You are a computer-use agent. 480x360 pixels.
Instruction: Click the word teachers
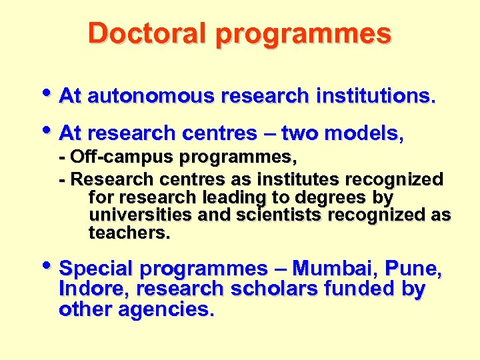[x=129, y=233]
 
